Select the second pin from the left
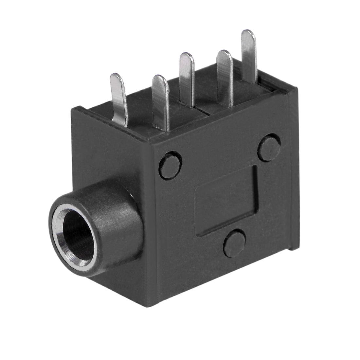(161, 101)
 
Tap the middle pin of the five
(187, 79)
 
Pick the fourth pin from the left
(225, 77)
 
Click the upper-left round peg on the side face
(170, 165)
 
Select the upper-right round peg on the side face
(269, 147)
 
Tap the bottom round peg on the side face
(234, 243)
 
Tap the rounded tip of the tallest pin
(248, 34)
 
